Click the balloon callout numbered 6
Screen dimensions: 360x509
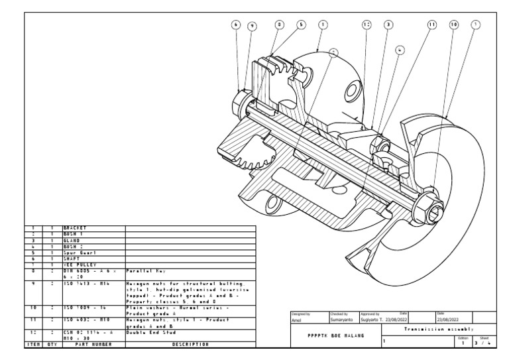pyautogui.click(x=235, y=25)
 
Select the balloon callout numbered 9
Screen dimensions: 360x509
pyautogui.click(x=252, y=26)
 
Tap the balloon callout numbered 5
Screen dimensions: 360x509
pyautogui.click(x=302, y=25)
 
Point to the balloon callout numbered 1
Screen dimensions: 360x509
pyautogui.click(x=323, y=25)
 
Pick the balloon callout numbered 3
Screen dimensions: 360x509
pyautogui.click(x=388, y=25)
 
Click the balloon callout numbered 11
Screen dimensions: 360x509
pyautogui.click(x=432, y=25)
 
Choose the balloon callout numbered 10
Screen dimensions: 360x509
pyautogui.click(x=454, y=25)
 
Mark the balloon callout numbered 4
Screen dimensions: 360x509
pyautogui.click(x=400, y=50)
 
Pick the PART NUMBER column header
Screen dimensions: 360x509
pyautogui.click(x=91, y=344)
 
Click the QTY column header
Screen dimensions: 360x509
pyautogui.click(x=51, y=344)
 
